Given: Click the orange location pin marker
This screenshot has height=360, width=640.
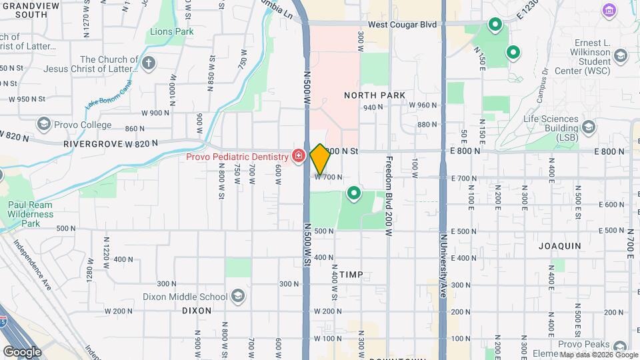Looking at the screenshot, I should (320, 159).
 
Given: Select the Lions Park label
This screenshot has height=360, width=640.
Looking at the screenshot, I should (171, 31).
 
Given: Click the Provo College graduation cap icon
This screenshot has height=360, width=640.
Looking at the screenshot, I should (44, 124).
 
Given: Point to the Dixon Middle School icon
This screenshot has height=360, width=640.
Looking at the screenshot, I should (238, 297).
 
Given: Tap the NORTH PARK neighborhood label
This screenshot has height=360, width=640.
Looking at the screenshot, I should (375, 95).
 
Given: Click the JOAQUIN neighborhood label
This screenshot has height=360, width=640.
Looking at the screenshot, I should (561, 246).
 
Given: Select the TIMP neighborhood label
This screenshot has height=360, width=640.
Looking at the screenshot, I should (351, 275).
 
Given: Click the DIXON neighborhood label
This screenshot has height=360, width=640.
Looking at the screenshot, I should (197, 311).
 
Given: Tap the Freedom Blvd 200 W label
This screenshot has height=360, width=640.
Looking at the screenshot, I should (388, 196).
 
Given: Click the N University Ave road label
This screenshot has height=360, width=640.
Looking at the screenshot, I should (443, 253).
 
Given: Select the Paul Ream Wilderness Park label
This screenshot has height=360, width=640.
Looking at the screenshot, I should (31, 214).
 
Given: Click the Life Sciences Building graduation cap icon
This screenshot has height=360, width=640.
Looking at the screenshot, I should (588, 127).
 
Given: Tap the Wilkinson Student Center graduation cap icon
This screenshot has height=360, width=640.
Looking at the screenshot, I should (621, 55).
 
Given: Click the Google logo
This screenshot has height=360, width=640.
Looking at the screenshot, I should (22, 351).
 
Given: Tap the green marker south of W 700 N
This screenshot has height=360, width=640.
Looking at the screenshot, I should (354, 194).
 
